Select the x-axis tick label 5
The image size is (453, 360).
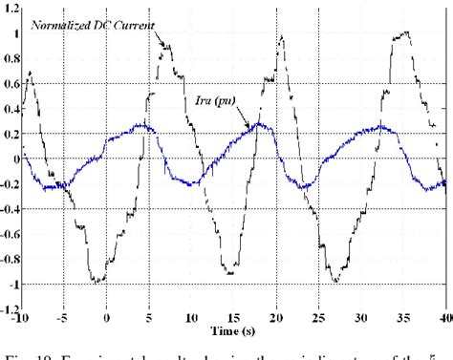[149, 317]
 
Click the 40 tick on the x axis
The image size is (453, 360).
[442, 317]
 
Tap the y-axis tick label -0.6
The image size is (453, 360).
[11, 234]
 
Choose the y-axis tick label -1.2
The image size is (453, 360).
[11, 309]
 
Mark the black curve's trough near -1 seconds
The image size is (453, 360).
[97, 281]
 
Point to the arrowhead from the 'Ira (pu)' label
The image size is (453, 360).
[251, 127]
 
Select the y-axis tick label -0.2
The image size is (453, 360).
[11, 184]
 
